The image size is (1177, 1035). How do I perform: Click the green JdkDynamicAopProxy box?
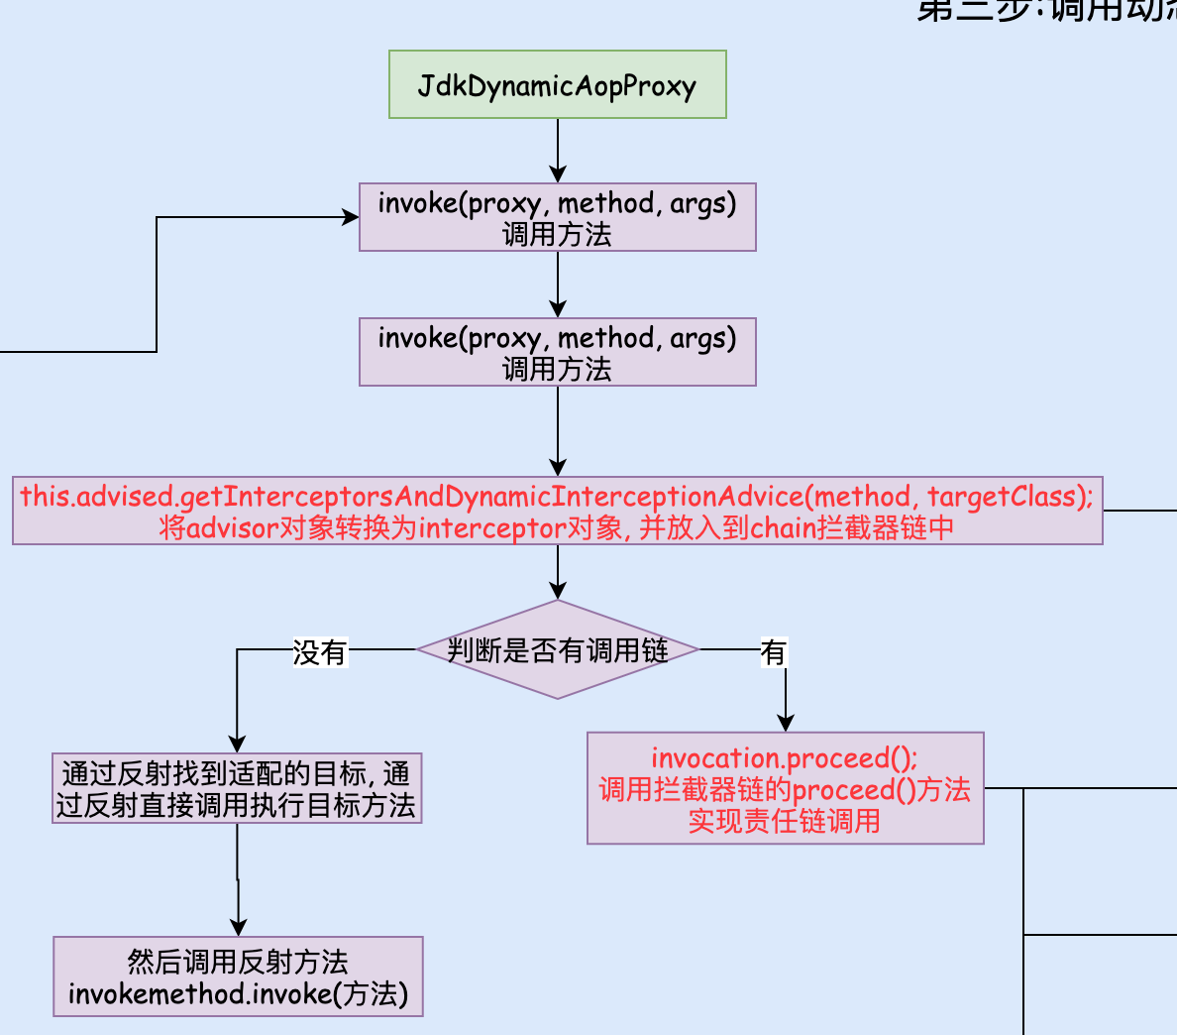pyautogui.click(x=558, y=85)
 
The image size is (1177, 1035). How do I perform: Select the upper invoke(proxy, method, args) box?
pyautogui.click(x=558, y=217)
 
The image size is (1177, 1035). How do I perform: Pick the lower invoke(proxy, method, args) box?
pyautogui.click(x=558, y=352)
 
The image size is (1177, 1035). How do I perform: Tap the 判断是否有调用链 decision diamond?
pyautogui.click(x=558, y=650)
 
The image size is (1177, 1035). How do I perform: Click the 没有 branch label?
pyautogui.click(x=320, y=652)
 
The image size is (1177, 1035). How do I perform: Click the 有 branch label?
pyautogui.click(x=773, y=652)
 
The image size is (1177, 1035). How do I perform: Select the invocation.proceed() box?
pyautogui.click(x=785, y=788)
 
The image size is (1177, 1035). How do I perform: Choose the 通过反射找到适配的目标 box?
pyautogui.click(x=237, y=789)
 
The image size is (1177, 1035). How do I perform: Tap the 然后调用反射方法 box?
pyautogui.click(x=238, y=977)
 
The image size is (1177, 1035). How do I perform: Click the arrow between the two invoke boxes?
pyautogui.click(x=558, y=285)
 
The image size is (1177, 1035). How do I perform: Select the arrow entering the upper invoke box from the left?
pyautogui.click(x=258, y=218)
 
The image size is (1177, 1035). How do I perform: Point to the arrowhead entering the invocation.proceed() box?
pyautogui.click(x=786, y=723)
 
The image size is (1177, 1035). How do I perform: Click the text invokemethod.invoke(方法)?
pyautogui.click(x=238, y=993)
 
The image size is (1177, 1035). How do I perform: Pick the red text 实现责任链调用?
pyautogui.click(x=785, y=821)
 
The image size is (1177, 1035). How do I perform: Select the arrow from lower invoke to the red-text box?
pyautogui.click(x=558, y=431)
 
